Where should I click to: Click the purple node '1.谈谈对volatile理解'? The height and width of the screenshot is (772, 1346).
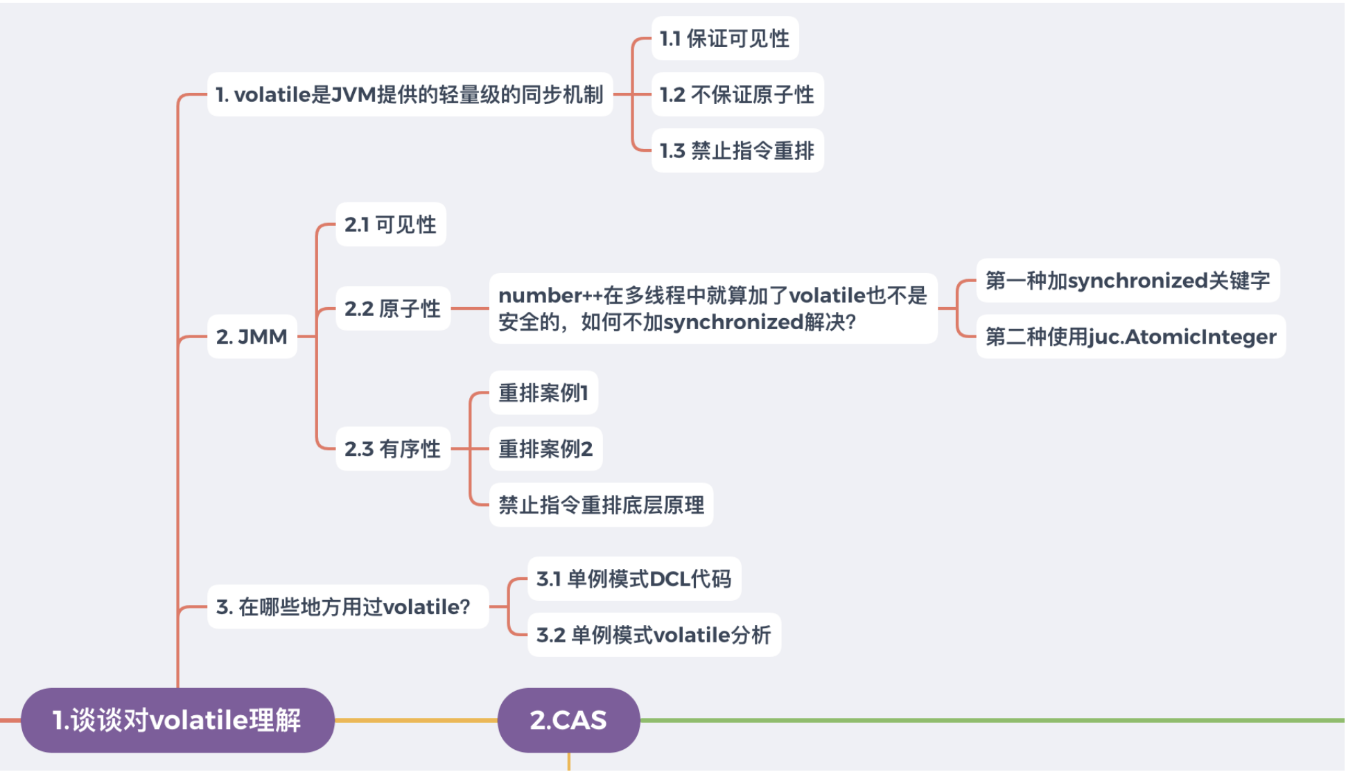coord(177,720)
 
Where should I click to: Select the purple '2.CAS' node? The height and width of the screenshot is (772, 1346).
coord(568,720)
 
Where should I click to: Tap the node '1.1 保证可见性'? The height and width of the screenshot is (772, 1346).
coord(724,39)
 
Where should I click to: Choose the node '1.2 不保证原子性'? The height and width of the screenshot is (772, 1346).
coord(737,95)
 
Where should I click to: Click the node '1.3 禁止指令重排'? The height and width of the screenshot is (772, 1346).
coord(737,150)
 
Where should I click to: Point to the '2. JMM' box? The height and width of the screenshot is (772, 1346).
coord(252,337)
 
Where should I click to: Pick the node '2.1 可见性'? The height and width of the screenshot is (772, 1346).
coord(390,225)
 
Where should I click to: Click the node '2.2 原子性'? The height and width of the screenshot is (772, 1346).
coord(392,308)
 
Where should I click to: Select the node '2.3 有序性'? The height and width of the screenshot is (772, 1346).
coord(392,449)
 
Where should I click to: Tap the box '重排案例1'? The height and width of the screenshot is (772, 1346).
coord(543,393)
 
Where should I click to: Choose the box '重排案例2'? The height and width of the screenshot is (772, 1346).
coord(545,449)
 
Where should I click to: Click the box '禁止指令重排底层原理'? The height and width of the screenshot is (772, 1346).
coord(601,505)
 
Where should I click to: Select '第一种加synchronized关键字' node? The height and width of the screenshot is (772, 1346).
coord(1128,281)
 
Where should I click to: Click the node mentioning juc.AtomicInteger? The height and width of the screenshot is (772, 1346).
coord(1130,337)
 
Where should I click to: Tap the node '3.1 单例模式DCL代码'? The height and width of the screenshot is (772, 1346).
coord(633,579)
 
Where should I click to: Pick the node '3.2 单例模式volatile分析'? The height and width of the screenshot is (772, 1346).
coord(654,635)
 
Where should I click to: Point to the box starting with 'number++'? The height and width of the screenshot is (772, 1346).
coord(713,308)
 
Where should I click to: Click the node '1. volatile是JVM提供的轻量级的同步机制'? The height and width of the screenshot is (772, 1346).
coord(410,95)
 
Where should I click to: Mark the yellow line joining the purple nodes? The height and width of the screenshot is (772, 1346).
coord(416,720)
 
